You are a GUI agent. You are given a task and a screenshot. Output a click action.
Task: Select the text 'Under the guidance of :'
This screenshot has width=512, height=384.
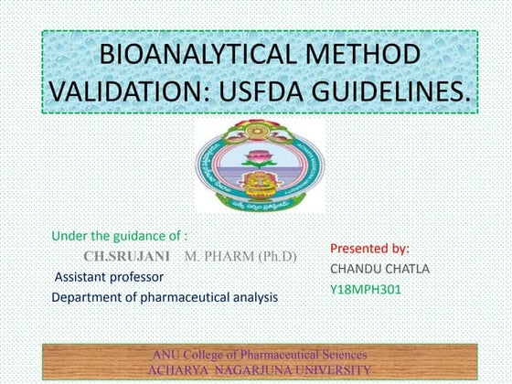point(119,236)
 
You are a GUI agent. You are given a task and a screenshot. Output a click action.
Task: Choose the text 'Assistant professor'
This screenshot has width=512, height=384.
point(109,276)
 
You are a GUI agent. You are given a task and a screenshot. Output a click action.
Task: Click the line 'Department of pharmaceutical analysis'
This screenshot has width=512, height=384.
point(165,297)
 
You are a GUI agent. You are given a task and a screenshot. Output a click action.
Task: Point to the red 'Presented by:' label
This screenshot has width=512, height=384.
point(369,248)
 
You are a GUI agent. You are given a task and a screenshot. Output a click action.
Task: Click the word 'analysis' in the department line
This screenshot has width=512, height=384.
point(254,297)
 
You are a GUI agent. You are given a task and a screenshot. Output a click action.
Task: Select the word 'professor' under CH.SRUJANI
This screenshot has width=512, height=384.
point(137,276)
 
